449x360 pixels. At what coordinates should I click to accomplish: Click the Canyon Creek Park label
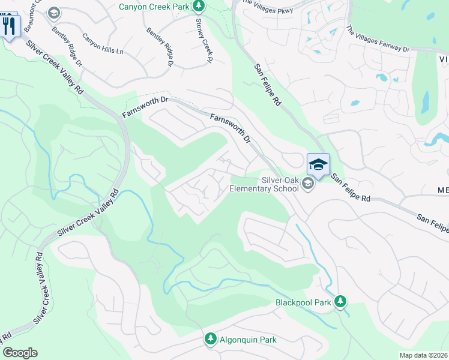pyautogui.click(x=154, y=7)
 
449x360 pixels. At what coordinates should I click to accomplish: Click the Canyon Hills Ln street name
pyautogui.click(x=103, y=43)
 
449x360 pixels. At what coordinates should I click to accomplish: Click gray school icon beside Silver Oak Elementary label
pyautogui.click(x=308, y=184)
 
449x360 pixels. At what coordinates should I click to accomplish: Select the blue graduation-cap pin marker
pyautogui.click(x=319, y=164)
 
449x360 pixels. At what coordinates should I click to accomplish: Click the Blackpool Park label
pyautogui.click(x=304, y=303)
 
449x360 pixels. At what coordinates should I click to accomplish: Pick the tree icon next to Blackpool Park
pyautogui.click(x=340, y=301)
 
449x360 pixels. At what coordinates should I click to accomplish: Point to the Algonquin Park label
pyautogui.click(x=248, y=340)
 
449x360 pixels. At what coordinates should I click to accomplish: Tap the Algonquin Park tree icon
pyautogui.click(x=210, y=339)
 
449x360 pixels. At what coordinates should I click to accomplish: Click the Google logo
pyautogui.click(x=20, y=353)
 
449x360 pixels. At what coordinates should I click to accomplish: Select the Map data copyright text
pyautogui.click(x=423, y=355)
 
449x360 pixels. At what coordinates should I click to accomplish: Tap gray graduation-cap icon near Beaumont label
pyautogui.click(x=53, y=12)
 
